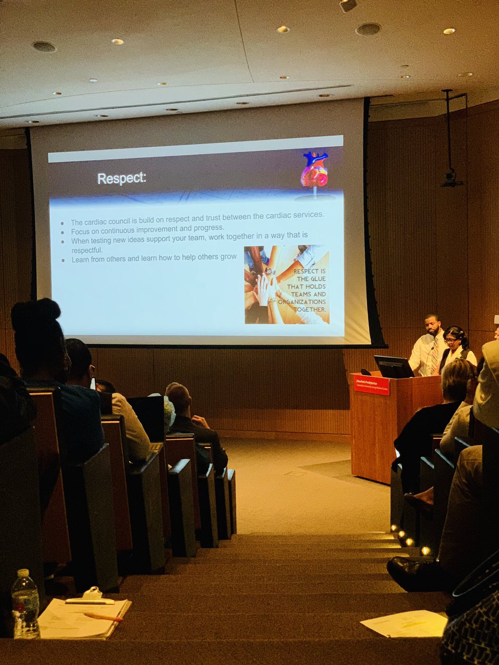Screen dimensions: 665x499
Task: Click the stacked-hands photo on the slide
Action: click(x=287, y=285)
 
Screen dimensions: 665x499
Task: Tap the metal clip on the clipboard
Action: click(x=92, y=595)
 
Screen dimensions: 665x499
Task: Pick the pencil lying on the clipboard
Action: click(x=103, y=617)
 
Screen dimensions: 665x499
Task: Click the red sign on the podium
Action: click(x=371, y=385)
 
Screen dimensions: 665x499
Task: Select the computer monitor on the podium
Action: click(x=393, y=367)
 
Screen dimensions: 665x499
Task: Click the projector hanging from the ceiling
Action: click(x=451, y=178)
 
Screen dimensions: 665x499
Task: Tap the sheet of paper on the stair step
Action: click(x=405, y=624)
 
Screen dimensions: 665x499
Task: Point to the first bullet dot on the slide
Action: click(x=63, y=223)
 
